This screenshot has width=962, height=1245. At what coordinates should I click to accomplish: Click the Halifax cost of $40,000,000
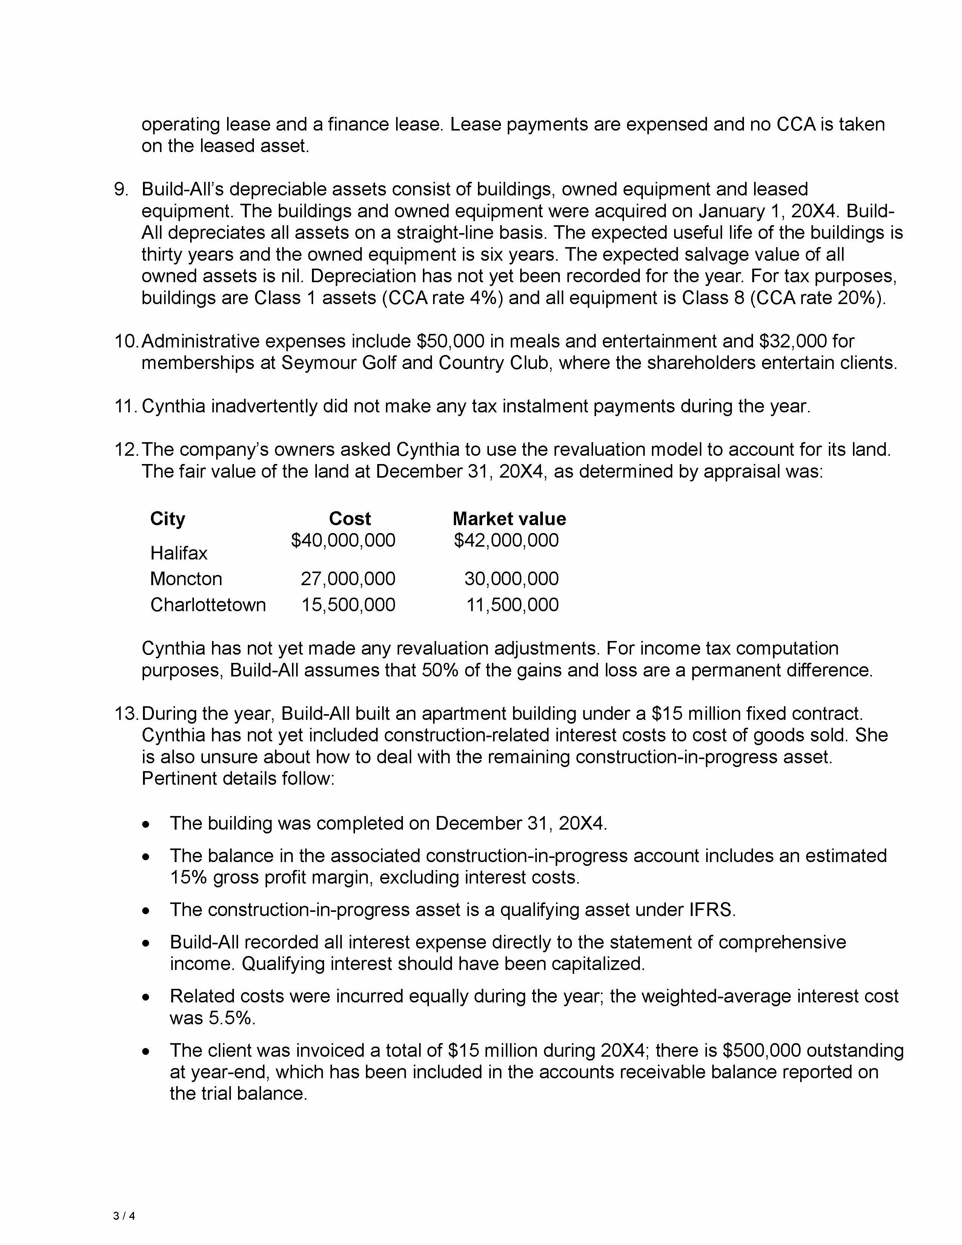343,540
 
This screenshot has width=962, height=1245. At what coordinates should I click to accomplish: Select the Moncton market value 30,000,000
511,579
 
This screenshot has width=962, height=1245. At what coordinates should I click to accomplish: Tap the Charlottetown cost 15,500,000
348,604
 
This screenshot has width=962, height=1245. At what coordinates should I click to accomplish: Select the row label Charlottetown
208,604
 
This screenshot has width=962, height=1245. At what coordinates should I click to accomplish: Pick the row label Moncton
186,579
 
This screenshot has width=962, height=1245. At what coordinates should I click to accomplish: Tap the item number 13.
126,713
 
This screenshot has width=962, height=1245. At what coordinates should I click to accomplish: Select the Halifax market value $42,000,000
506,540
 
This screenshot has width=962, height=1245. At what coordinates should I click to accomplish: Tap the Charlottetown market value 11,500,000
512,604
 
